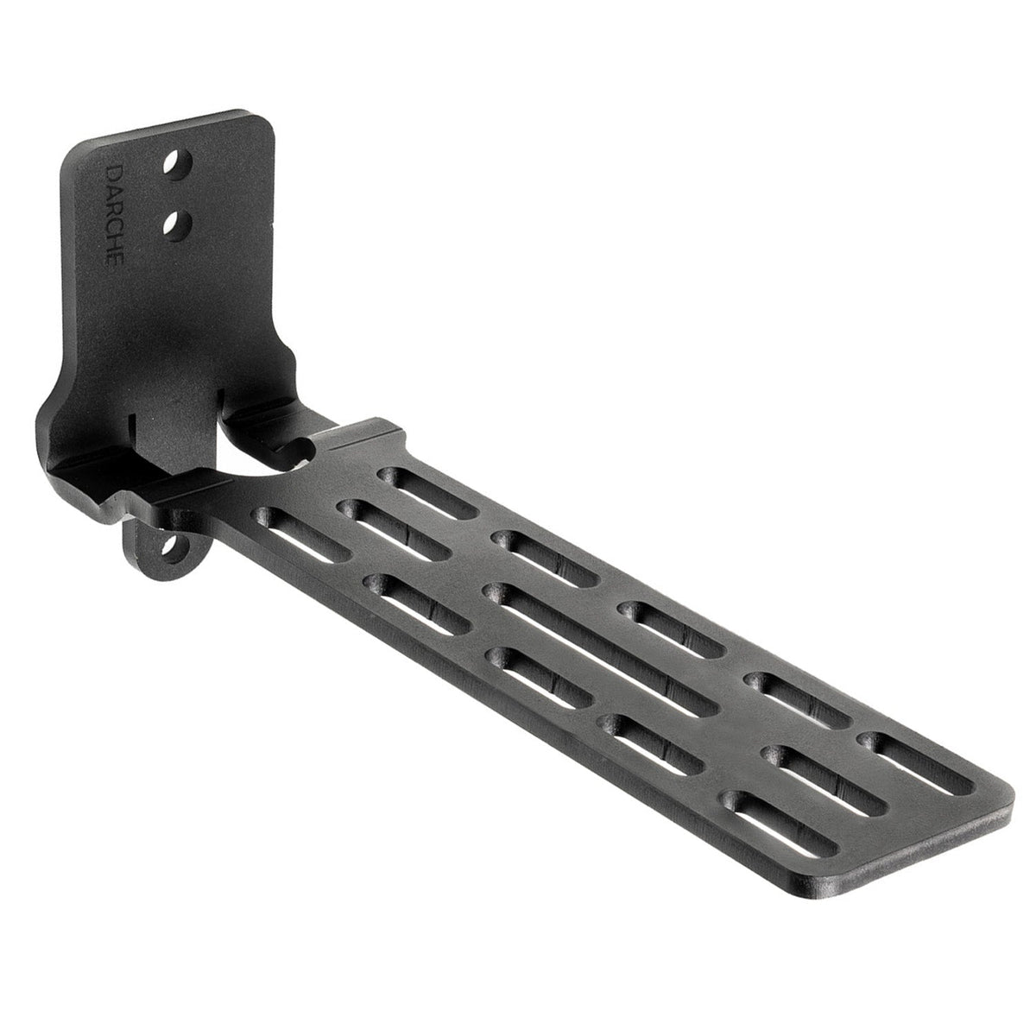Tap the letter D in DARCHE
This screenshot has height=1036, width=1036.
point(113,172)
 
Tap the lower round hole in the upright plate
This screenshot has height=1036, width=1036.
point(180,225)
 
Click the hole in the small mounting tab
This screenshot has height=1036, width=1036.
point(172,546)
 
